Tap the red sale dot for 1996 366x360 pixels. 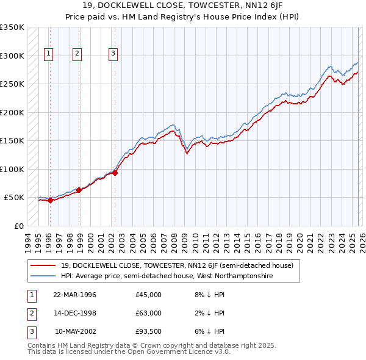(x=50, y=201)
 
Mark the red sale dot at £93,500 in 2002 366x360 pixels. (x=115, y=173)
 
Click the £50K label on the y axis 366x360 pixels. (x=15, y=198)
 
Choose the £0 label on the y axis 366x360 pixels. (x=18, y=226)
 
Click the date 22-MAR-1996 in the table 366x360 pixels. (x=75, y=295)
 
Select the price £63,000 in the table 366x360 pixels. (x=148, y=313)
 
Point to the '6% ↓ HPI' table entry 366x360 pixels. (x=209, y=331)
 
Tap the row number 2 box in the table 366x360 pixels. (x=29, y=313)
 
